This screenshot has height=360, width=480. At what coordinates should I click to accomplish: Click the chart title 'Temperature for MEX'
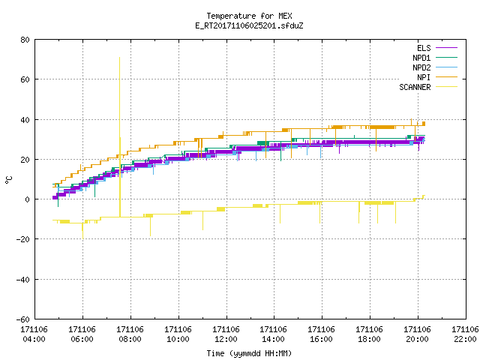pyautogui.click(x=249, y=16)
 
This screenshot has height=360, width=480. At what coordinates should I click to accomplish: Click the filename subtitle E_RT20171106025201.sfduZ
pyautogui.click(x=249, y=25)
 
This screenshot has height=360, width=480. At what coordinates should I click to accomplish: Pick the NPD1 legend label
pyautogui.click(x=421, y=58)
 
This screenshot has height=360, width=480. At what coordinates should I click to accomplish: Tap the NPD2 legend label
pyautogui.click(x=421, y=67)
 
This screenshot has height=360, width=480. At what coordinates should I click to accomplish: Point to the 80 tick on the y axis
pyautogui.click(x=25, y=40)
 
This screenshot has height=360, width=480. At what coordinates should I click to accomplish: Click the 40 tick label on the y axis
pyautogui.click(x=25, y=120)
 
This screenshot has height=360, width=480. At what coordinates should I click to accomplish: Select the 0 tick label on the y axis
pyautogui.click(x=28, y=199)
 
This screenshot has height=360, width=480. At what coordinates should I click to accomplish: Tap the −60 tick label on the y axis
pyautogui.click(x=23, y=319)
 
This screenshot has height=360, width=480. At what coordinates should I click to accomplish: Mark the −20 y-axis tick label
pyautogui.click(x=23, y=239)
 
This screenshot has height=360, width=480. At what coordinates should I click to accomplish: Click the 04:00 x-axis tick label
pyautogui.click(x=34, y=339)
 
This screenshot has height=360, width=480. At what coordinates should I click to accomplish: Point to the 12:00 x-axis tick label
pyautogui.click(x=226, y=339)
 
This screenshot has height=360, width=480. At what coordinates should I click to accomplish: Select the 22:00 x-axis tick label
pyautogui.click(x=465, y=339)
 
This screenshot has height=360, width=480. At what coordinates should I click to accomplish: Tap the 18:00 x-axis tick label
pyautogui.click(x=369, y=339)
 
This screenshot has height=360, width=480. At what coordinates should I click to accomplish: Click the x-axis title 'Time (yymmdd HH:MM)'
pyautogui.click(x=249, y=353)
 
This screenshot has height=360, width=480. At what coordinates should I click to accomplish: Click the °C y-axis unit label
pyautogui.click(x=8, y=180)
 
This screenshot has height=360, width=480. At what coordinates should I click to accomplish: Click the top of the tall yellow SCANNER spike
pyautogui.click(x=119, y=57)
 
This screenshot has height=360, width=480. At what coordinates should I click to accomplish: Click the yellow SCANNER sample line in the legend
pyautogui.click(x=447, y=87)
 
